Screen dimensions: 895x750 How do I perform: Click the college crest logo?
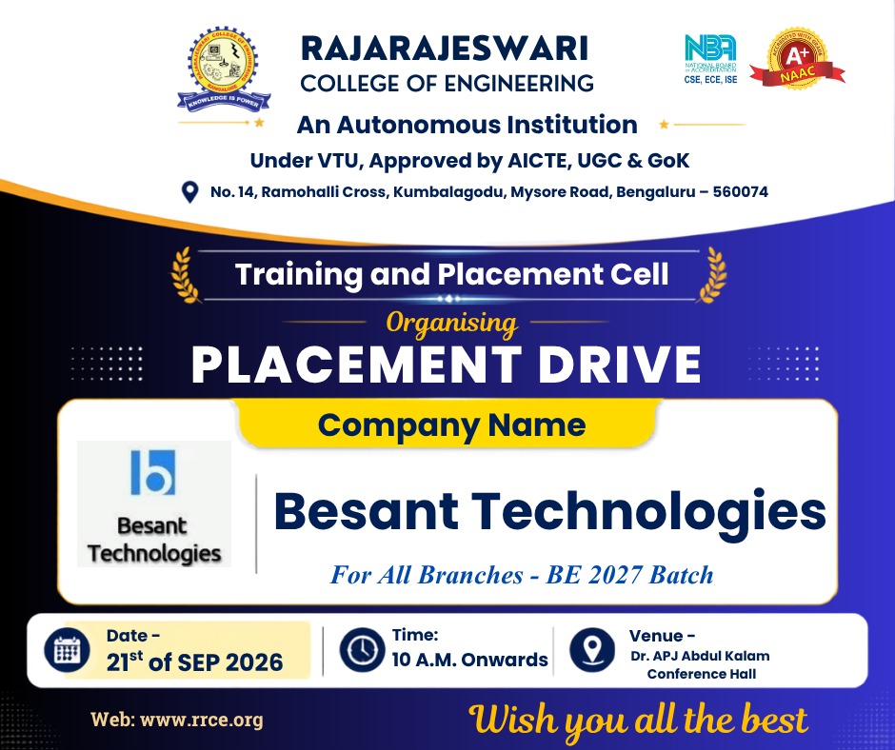224,69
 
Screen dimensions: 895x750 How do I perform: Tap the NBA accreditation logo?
710,59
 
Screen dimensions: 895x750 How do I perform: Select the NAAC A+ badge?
797,59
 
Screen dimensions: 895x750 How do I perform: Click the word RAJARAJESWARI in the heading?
444,48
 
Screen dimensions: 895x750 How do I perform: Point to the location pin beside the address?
189,192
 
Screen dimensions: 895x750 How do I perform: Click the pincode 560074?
741,191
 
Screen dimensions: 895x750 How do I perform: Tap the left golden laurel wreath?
186,274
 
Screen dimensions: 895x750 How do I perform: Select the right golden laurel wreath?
712,274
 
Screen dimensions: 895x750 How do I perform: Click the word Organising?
451,324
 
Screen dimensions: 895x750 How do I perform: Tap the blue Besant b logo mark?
153,472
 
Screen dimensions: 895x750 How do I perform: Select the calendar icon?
67,650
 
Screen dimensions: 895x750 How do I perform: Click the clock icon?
362,649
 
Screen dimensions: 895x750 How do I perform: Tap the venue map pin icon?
592,649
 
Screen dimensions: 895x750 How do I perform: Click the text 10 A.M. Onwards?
469,660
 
